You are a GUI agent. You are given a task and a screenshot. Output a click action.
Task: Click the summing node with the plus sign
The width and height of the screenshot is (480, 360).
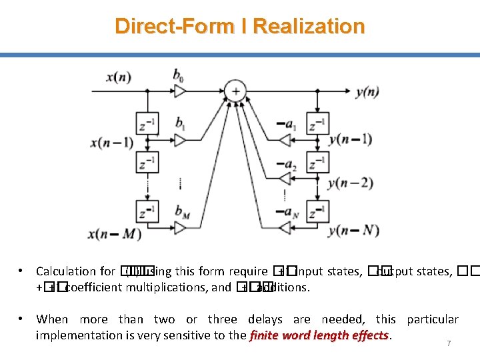[235, 91]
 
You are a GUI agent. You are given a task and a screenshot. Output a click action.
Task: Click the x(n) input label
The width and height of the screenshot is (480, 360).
[119, 77]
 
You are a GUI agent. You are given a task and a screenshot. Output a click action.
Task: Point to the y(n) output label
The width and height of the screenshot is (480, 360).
[366, 92]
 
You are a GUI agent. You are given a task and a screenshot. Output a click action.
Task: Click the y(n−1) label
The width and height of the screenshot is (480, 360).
[351, 139]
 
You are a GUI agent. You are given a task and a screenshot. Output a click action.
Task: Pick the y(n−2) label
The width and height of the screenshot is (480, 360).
[351, 183]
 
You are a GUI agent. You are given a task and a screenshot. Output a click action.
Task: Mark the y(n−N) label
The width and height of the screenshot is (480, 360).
[353, 231]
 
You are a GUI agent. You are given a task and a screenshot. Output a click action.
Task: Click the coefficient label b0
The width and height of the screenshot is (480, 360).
[179, 75]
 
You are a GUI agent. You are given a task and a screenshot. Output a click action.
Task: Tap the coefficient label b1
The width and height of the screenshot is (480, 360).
[179, 123]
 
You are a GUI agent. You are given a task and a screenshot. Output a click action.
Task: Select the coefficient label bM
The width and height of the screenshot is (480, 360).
[181, 211]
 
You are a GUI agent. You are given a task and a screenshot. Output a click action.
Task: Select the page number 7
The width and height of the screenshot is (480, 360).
[449, 343]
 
